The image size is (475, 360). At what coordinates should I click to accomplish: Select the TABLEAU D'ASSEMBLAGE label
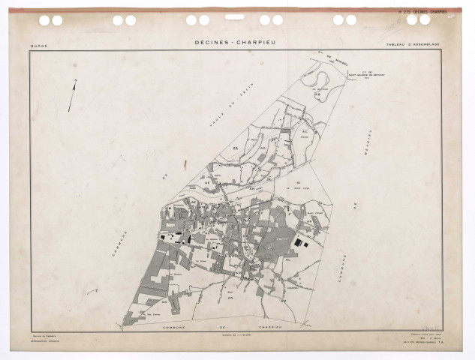tap(412, 46)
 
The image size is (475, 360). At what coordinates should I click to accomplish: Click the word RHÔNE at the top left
tap(38, 46)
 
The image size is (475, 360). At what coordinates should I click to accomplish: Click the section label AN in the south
tap(229, 297)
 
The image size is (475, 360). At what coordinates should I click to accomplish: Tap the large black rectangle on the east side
tap(301, 242)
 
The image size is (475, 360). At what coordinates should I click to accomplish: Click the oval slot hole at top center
tap(235, 16)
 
